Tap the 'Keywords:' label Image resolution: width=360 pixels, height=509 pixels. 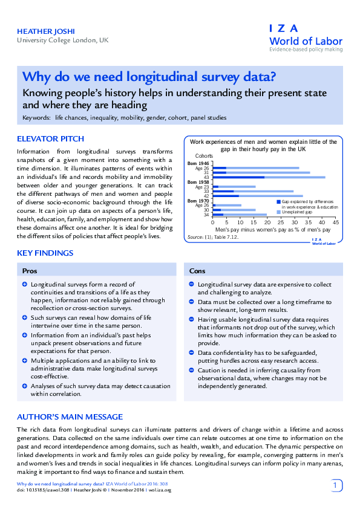click(x=36, y=117)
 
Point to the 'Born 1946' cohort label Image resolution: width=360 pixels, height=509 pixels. click(x=199, y=163)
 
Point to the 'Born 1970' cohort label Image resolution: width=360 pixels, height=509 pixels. click(x=199, y=201)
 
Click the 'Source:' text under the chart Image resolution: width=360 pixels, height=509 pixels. click(x=195, y=237)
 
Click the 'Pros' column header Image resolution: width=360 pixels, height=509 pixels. click(x=30, y=271)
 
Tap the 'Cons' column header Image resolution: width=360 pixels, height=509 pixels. click(x=197, y=271)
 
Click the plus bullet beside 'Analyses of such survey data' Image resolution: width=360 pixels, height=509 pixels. click(x=24, y=386)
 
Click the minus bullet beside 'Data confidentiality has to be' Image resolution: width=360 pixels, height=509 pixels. click(x=191, y=352)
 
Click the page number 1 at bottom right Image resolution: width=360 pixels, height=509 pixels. click(x=336, y=485)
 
